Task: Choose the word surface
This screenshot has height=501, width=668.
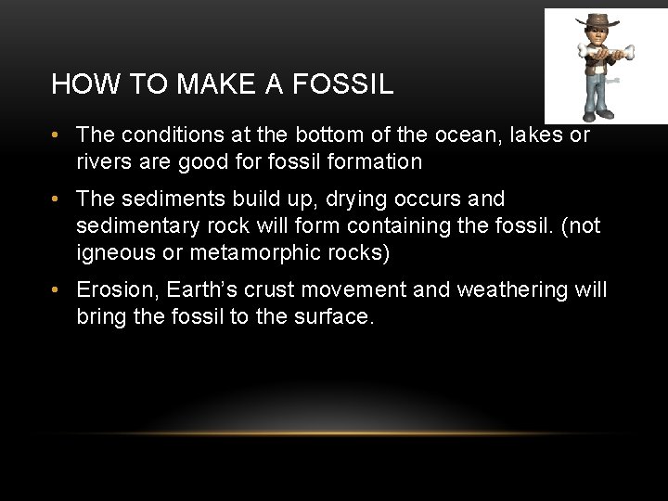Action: pyautogui.click(x=332, y=316)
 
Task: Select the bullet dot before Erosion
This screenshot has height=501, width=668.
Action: pyautogui.click(x=58, y=290)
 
